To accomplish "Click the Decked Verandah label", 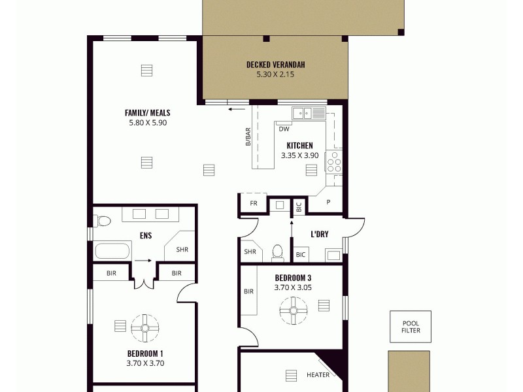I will (275, 65).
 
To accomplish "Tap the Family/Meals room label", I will (148, 112).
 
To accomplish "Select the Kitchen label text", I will (299, 146).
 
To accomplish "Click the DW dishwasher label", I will (284, 129).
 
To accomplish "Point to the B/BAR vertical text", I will (248, 137).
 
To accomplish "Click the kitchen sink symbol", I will (309, 113).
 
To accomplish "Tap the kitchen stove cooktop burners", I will (334, 160).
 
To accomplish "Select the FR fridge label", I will (254, 203).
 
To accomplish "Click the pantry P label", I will (329, 203).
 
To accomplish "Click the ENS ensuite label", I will (146, 235).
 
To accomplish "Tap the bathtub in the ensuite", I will (114, 251).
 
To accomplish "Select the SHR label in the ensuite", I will (182, 249).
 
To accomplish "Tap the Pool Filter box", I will (411, 327).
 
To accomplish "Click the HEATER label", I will (318, 375).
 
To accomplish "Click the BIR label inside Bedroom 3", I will (248, 291).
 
